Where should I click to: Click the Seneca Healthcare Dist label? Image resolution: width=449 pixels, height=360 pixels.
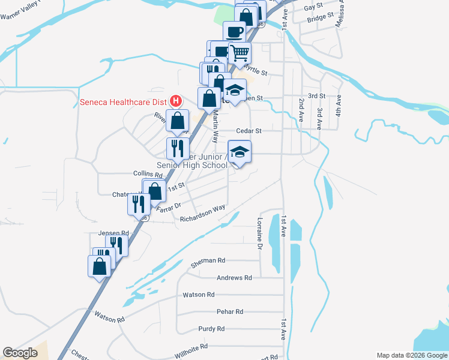[x=124, y=101]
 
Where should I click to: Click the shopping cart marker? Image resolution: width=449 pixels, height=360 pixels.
[x=240, y=53]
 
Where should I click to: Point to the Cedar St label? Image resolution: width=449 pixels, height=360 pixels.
[x=250, y=130]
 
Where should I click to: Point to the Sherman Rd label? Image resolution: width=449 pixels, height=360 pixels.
[x=208, y=260]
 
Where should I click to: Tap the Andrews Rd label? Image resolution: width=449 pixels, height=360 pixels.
[x=235, y=278]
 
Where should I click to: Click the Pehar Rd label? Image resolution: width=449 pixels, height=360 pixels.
[x=230, y=311]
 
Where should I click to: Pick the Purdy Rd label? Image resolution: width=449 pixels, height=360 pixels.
[x=211, y=329]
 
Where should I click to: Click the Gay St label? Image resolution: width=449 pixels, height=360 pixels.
[x=310, y=8]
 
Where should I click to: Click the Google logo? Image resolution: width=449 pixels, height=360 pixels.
[x=20, y=353]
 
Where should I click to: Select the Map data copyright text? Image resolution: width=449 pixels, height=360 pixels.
[x=411, y=355]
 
